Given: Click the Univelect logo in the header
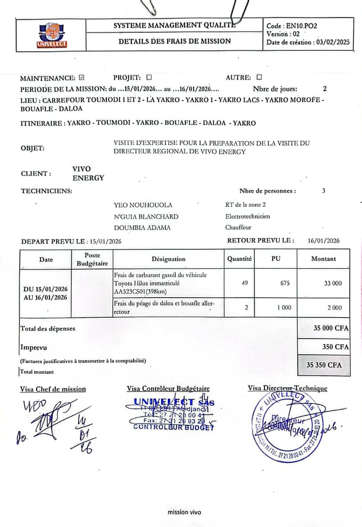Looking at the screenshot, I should [52, 35].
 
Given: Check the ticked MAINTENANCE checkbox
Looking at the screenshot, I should [81, 78].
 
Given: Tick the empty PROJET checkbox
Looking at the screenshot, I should [149, 77].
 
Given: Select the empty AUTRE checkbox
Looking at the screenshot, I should [259, 77].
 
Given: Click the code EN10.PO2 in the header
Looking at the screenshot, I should [302, 26].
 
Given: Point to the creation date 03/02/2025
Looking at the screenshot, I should [333, 42].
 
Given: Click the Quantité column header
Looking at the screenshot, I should [240, 259].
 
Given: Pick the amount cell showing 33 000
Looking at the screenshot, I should [333, 283].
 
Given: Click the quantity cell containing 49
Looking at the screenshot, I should [244, 283].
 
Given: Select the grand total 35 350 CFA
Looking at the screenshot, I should [324, 365].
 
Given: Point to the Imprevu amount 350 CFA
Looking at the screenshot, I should [335, 347].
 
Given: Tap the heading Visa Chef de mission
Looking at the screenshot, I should [53, 389].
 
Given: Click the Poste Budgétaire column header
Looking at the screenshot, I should [92, 259].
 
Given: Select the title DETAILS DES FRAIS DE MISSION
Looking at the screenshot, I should [175, 41].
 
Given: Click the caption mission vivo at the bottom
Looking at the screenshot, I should [184, 512].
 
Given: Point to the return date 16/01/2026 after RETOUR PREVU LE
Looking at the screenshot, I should [323, 241].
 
